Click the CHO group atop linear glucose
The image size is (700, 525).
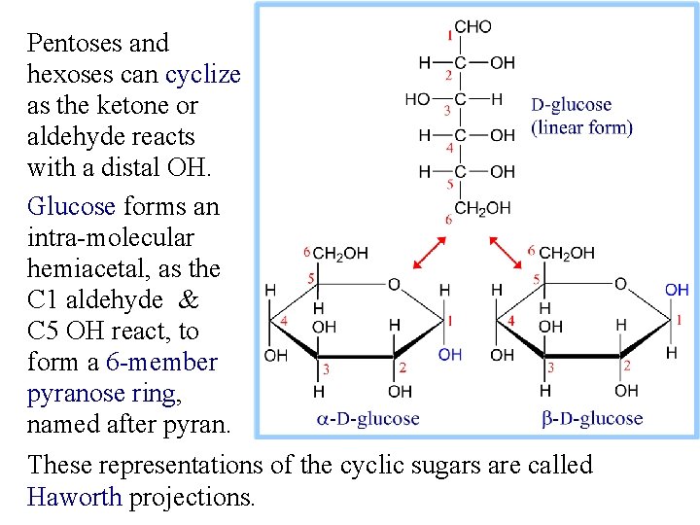[473, 27]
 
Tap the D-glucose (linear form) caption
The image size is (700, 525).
[581, 116]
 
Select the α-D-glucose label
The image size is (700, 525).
[368, 419]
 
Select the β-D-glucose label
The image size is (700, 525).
[590, 419]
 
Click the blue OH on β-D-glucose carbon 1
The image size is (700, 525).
[677, 290]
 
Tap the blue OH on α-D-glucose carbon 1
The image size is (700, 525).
[449, 355]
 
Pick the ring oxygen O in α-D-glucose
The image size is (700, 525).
[394, 284]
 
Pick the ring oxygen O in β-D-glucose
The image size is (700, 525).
[620, 284]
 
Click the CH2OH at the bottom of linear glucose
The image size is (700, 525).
[482, 208]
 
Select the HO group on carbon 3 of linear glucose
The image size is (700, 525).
[417, 99]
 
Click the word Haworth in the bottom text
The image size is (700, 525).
[75, 498]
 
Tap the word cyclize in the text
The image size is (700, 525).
[202, 74]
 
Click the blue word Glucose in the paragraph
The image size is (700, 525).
[71, 206]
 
